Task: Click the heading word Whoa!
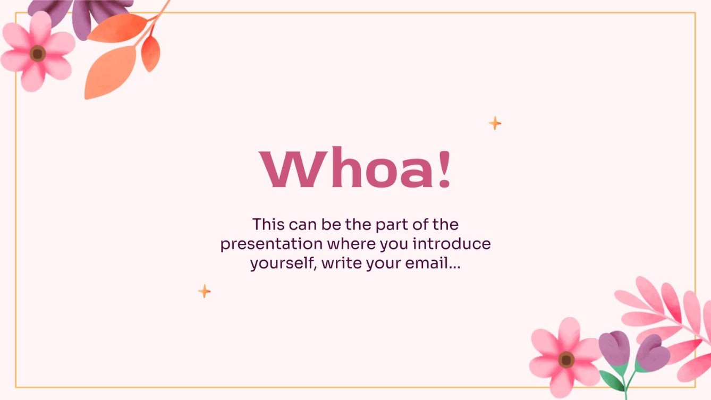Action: point(355,169)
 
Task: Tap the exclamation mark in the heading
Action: point(445,169)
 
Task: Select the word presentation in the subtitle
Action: point(271,244)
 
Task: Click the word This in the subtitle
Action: point(269,224)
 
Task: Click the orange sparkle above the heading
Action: point(495,123)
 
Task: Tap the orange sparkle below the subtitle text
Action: point(205,291)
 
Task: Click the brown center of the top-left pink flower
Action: point(37,53)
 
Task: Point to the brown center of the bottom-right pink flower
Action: point(566,360)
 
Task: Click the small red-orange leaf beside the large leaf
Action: point(150,53)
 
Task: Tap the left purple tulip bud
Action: point(614,348)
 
